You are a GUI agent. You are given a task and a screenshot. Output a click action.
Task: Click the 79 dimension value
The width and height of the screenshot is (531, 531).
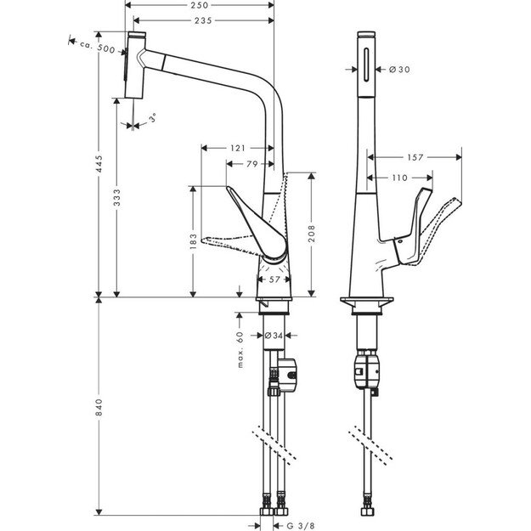252,165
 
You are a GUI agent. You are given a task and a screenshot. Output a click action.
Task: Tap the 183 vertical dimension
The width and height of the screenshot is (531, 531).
194,241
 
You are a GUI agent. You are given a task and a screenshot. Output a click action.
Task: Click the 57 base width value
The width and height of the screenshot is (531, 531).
274,278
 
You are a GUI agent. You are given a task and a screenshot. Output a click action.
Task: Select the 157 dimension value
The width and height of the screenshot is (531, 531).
415,157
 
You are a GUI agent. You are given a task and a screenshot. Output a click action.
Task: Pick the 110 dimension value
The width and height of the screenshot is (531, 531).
401,178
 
